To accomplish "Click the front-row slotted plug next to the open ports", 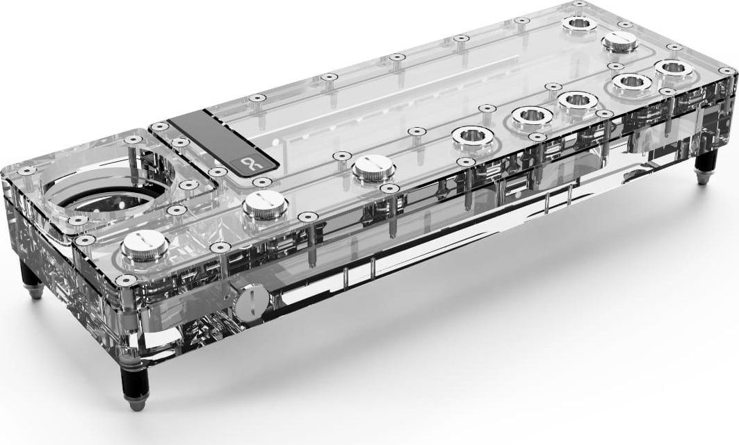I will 374,169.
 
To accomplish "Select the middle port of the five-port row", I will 581,100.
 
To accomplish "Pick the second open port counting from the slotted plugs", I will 530,117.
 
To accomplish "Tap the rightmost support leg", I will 705,167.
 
